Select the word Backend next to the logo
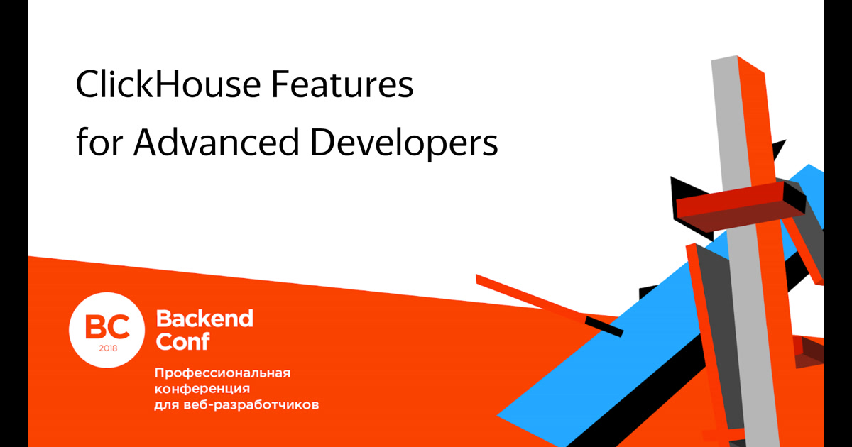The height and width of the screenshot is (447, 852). (x=204, y=319)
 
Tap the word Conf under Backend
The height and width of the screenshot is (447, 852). (x=182, y=342)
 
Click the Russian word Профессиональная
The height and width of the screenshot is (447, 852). (x=223, y=373)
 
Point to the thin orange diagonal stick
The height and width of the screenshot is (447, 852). (x=529, y=296)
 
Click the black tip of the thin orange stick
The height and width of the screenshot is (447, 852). (x=604, y=328)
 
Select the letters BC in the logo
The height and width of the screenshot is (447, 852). (x=107, y=326)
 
